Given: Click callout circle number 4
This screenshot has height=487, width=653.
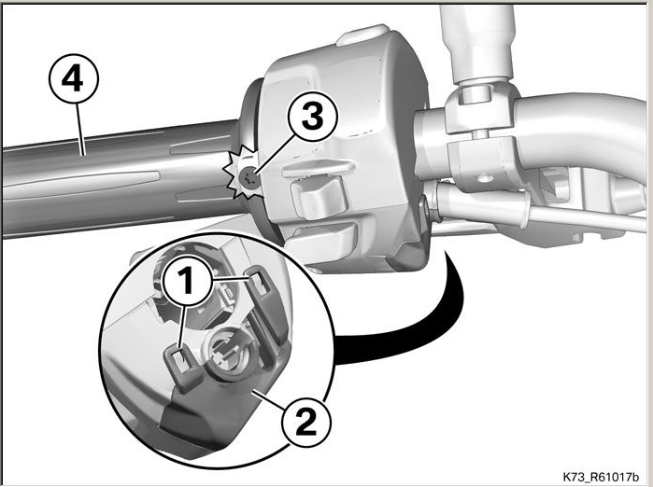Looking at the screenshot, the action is coord(74,78).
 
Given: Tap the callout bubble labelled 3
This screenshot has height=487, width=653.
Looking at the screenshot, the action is coord(312,117).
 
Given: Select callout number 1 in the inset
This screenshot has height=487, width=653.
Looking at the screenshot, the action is coord(187,281).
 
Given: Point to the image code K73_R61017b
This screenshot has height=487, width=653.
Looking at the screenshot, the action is coord(600,476).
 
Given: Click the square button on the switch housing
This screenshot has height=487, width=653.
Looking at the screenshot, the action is coord(319,196).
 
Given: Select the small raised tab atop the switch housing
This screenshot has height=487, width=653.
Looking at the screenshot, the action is coord(362,35).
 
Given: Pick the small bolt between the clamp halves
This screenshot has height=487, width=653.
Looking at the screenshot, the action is coord(480,133).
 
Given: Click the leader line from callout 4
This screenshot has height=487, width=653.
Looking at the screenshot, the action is coord(80,129).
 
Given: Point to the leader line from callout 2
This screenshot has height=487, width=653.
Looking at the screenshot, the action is coord(270,398).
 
